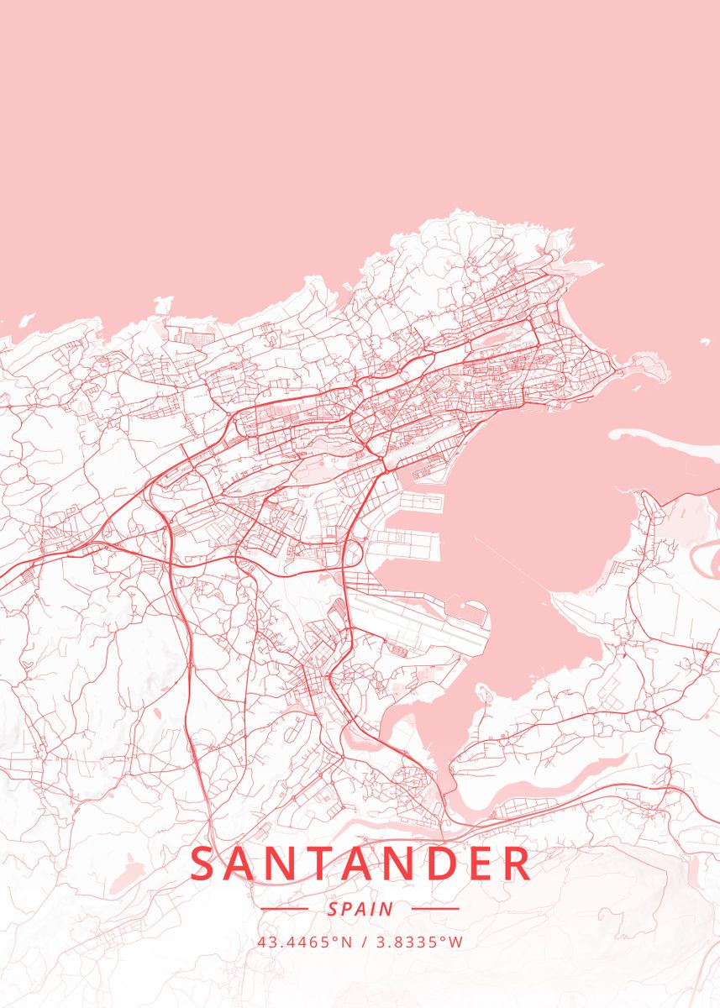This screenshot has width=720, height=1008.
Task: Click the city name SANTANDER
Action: [x=360, y=864]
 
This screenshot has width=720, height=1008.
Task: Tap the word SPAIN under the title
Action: [x=360, y=909]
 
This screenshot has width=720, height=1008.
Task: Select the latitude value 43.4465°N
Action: [x=305, y=942]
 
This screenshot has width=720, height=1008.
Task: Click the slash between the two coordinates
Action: [x=362, y=942]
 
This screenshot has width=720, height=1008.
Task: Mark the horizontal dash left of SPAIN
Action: [x=285, y=909]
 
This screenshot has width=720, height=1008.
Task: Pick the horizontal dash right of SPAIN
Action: [x=435, y=909]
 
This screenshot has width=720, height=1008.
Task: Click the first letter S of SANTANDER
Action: [x=202, y=864]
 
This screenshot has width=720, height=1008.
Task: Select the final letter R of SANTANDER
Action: [x=518, y=864]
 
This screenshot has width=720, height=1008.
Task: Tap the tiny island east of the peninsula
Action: [x=702, y=342]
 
